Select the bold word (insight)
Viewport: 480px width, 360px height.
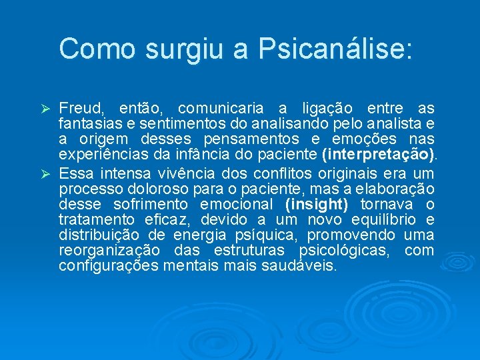pyautogui.click(x=316, y=204)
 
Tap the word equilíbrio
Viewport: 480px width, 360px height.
pyautogui.click(x=378, y=220)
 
